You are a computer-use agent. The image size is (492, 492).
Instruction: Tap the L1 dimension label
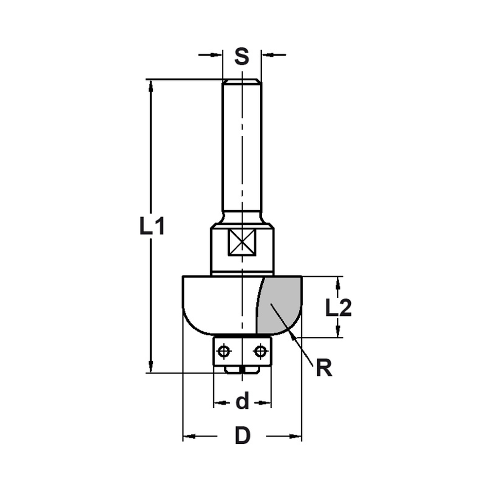click(x=152, y=227)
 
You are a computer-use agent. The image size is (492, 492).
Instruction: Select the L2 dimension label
click(x=338, y=308)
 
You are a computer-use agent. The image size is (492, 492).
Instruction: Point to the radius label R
click(x=323, y=368)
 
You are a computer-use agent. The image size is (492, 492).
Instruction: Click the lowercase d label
click(x=242, y=402)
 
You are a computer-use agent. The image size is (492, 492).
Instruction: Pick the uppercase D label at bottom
click(x=242, y=436)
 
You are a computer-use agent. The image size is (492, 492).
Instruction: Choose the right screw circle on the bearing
click(x=260, y=351)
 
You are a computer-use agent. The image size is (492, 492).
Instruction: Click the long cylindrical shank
click(x=242, y=148)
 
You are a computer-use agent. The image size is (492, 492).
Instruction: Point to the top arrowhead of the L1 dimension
click(x=151, y=85)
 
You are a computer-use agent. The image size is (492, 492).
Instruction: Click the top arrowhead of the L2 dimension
click(x=338, y=282)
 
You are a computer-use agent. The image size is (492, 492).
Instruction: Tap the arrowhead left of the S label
click(x=217, y=55)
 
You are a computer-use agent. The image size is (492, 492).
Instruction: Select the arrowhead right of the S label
click(x=267, y=55)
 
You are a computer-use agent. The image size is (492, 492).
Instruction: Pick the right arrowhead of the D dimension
click(x=296, y=436)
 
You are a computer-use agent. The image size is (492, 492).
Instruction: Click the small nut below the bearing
click(x=242, y=369)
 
